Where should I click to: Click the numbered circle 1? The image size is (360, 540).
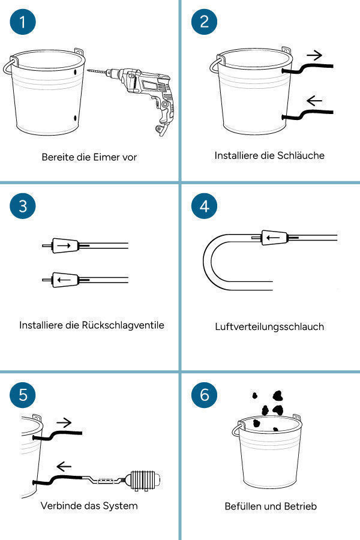click(23, 22)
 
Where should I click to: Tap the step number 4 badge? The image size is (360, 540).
click(204, 206)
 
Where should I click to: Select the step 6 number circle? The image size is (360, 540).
click(204, 395)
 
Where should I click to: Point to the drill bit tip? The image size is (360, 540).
click(88, 71)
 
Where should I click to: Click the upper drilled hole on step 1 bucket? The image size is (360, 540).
click(76, 73)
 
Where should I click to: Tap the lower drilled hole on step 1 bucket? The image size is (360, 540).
click(76, 118)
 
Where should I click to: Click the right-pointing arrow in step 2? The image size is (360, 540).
click(314, 55)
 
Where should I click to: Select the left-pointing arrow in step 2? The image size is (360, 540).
click(314, 101)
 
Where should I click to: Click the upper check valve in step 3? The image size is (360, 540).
click(65, 245)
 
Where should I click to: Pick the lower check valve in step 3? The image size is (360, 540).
click(65, 280)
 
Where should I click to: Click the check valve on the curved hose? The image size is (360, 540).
click(274, 238)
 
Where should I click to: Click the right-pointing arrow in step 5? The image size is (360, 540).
click(64, 422)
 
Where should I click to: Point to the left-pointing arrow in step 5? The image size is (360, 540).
click(64, 467)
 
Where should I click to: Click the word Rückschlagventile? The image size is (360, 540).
click(122, 325)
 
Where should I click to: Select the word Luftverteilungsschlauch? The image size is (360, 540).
click(269, 326)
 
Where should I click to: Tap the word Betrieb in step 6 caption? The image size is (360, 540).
click(300, 506)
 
